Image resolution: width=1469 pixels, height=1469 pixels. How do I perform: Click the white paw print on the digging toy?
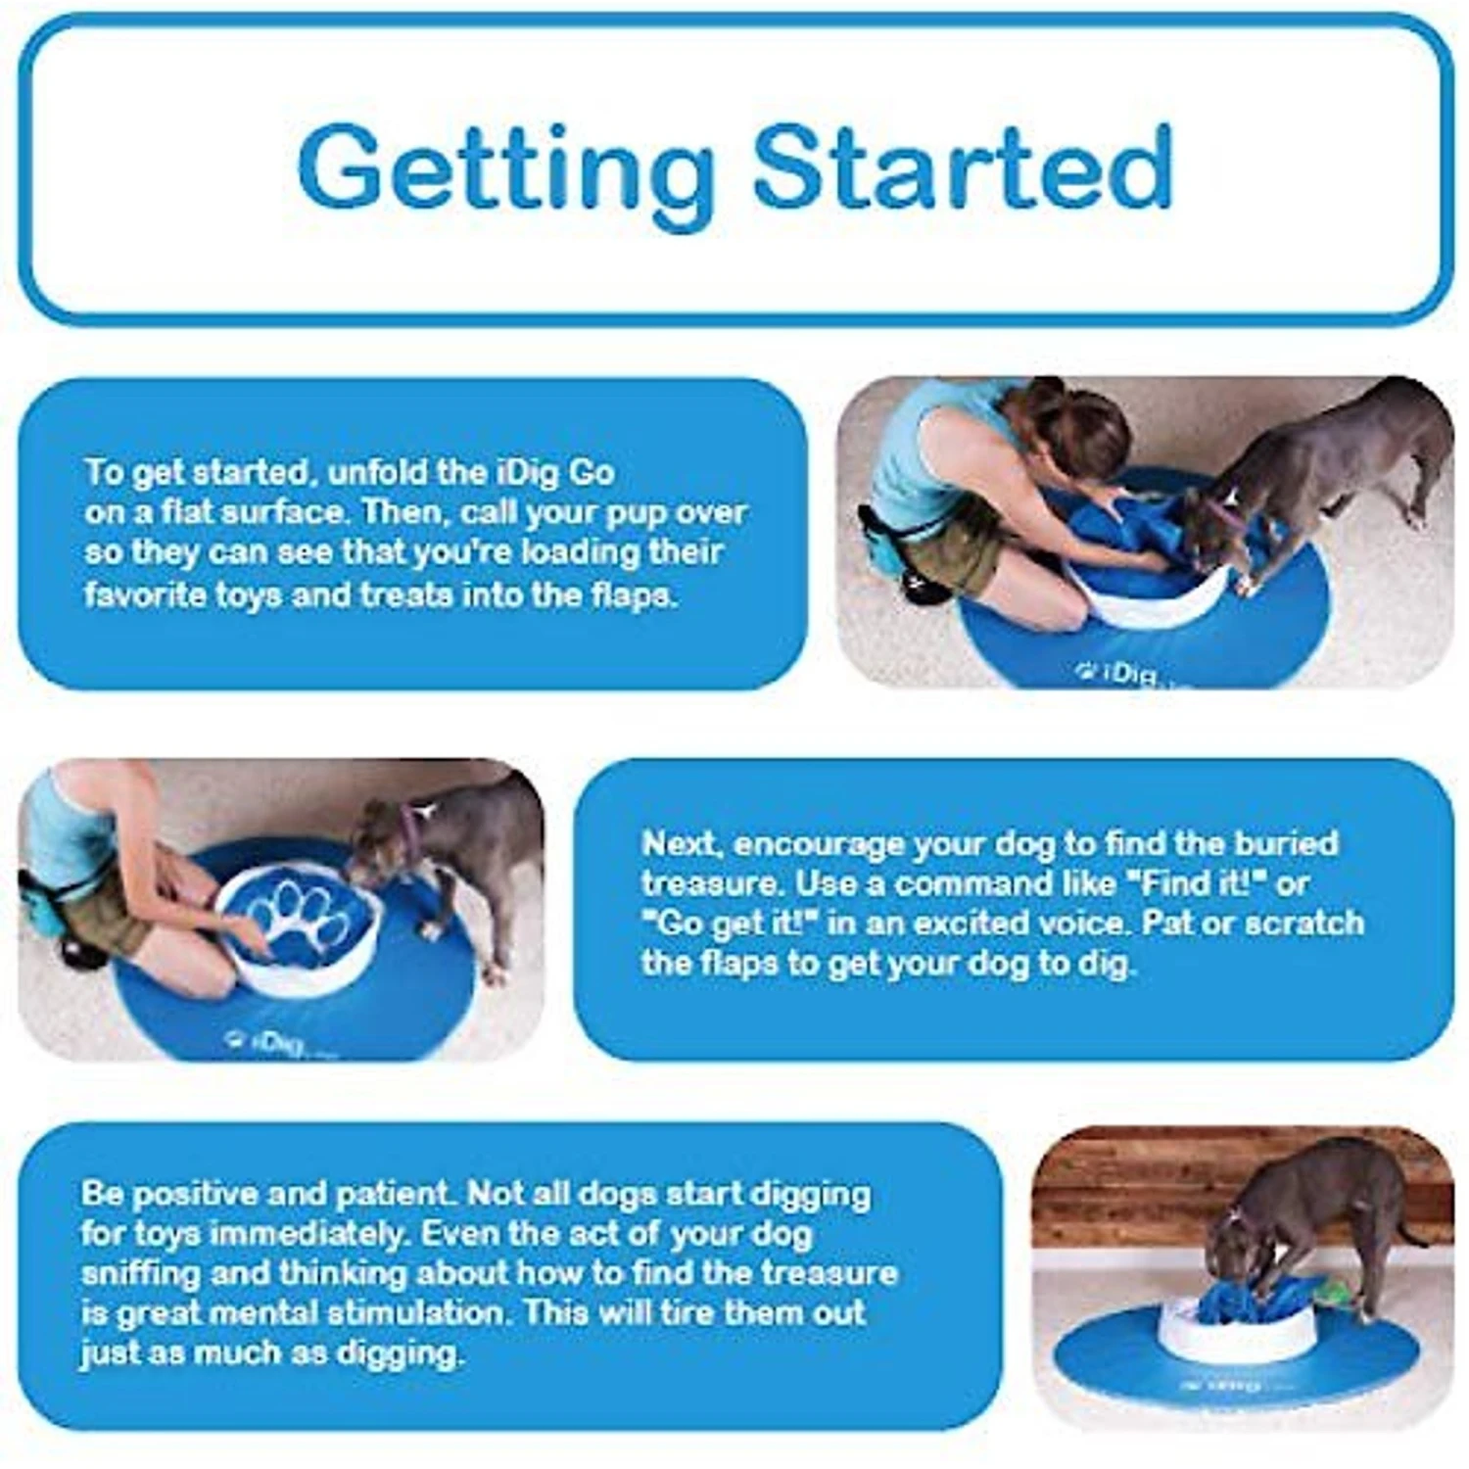(x=300, y=921)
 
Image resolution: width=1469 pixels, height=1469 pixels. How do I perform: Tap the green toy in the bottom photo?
(x=1337, y=1293)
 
